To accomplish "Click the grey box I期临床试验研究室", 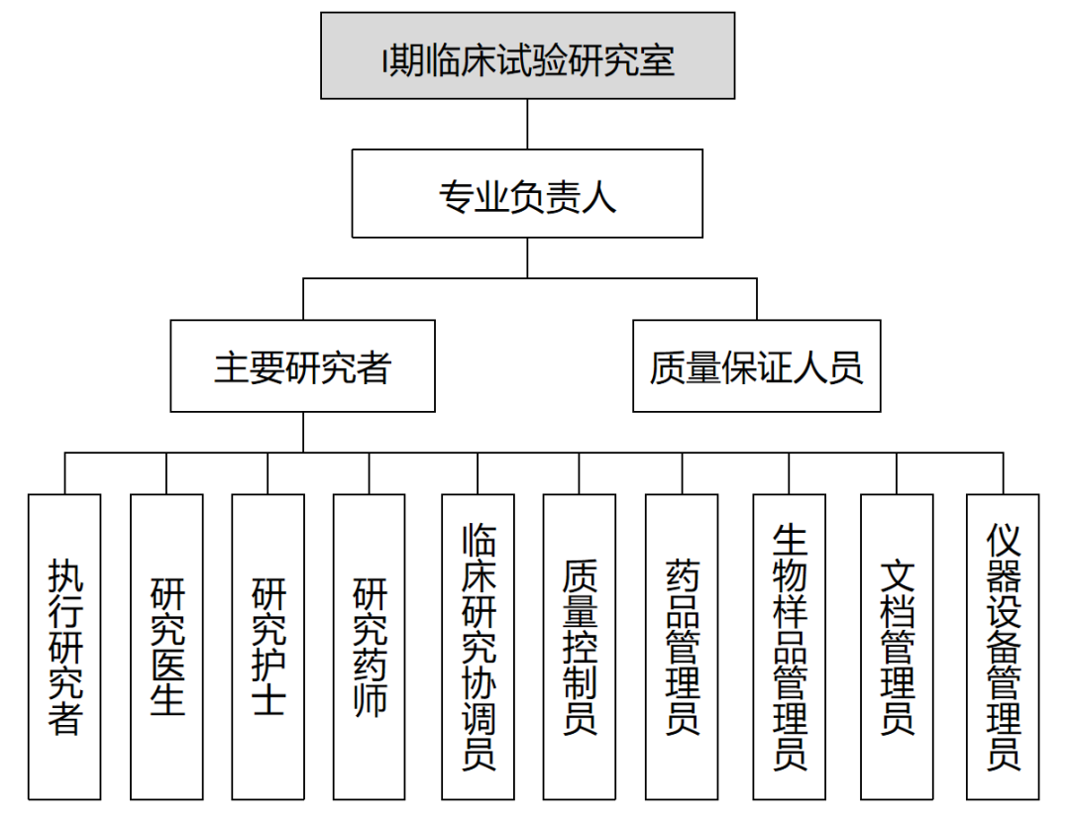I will tap(527, 55).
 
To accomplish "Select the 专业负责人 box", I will tap(527, 194).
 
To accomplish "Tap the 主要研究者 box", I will tap(302, 365).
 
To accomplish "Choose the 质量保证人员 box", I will tap(756, 365).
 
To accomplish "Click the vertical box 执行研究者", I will tap(64, 647).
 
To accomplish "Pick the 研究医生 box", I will tap(166, 647).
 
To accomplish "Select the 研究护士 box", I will tap(268, 647).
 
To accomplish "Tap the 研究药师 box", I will tap(370, 647).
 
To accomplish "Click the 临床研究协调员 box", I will tap(479, 647).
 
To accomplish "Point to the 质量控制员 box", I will tap(580, 647).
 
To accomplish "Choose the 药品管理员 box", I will tap(682, 647).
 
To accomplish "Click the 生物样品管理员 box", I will tap(790, 647).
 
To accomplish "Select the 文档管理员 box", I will tap(897, 647).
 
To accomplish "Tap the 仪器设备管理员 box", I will tap(1003, 647).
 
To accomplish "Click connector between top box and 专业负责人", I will tap(527, 124).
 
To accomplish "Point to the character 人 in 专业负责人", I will tap(598, 196).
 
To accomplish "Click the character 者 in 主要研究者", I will tap(374, 367).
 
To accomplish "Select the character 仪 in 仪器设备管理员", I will tap(1003, 542).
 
